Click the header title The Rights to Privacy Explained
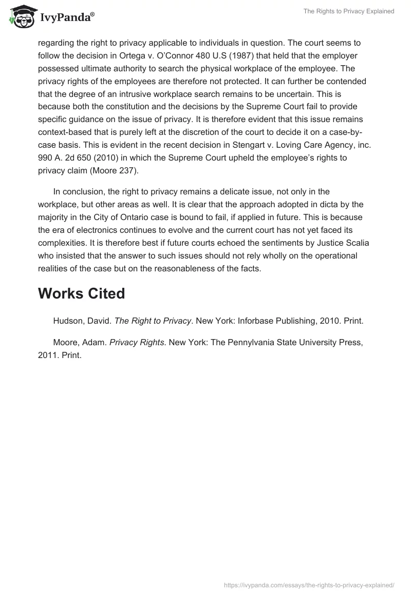349,11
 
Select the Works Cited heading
81,293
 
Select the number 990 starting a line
45,158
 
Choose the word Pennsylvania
248,342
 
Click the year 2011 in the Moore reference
46,354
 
